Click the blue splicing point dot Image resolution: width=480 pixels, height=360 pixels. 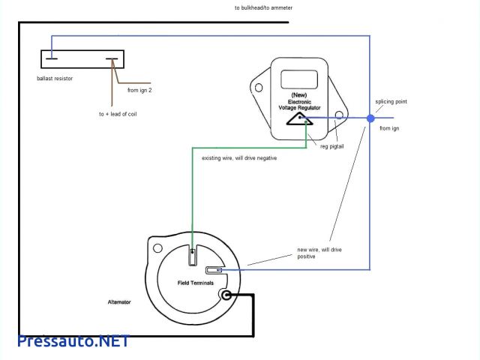pyautogui.click(x=370, y=118)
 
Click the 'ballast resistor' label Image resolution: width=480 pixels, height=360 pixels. pyautogui.click(x=53, y=78)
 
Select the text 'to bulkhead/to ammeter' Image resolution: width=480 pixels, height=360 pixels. pyautogui.click(x=263, y=7)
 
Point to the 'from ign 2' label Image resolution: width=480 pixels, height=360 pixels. pyautogui.click(x=139, y=91)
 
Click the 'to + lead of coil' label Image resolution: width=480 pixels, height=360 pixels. pyautogui.click(x=118, y=114)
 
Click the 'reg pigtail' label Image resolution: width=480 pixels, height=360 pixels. pyautogui.click(x=332, y=146)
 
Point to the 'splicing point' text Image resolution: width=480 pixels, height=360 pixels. pyautogui.click(x=391, y=101)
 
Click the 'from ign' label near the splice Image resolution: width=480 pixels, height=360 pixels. pyautogui.click(x=389, y=129)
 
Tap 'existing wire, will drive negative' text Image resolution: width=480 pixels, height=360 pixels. pyautogui.click(x=235, y=158)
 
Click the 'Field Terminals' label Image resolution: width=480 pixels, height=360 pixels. pyautogui.click(x=195, y=283)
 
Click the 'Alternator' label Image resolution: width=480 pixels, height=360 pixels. pyautogui.click(x=119, y=301)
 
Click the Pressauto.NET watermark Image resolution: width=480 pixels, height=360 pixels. pyautogui.click(x=73, y=340)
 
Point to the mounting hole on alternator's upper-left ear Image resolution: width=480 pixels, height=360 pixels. pyautogui.click(x=157, y=248)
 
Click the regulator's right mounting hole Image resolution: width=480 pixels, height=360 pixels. pyautogui.click(x=339, y=116)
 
